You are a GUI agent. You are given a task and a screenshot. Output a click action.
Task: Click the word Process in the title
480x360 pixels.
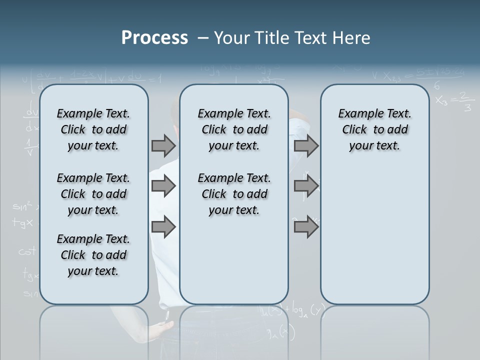click(x=154, y=38)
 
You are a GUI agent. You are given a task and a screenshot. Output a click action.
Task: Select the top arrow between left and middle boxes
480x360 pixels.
click(x=163, y=146)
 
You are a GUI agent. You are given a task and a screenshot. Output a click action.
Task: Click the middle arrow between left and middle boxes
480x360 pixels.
click(x=163, y=186)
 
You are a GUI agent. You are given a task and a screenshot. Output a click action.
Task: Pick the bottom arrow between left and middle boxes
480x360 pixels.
click(x=163, y=227)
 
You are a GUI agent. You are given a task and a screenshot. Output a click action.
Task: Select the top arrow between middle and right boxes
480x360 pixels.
click(x=306, y=146)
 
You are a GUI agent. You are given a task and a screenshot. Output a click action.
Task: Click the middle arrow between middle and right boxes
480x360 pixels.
click(x=306, y=186)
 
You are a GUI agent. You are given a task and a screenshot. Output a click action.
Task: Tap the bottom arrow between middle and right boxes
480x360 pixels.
click(x=306, y=227)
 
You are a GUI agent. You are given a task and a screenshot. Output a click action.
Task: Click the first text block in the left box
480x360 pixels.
click(x=93, y=129)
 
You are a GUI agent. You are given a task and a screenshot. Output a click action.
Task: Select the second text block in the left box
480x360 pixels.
click(x=93, y=194)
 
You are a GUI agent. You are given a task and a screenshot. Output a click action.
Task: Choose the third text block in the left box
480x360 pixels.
click(x=93, y=255)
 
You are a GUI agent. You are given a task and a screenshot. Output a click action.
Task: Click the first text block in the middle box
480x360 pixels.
click(x=234, y=129)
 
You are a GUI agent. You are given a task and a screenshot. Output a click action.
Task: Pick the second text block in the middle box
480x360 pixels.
click(x=234, y=194)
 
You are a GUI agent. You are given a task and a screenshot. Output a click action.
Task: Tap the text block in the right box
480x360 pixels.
click(x=374, y=129)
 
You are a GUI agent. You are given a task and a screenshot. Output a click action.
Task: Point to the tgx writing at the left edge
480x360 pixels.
click(x=23, y=223)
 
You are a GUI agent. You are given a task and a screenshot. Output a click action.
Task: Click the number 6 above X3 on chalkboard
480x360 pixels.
click(x=437, y=85)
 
